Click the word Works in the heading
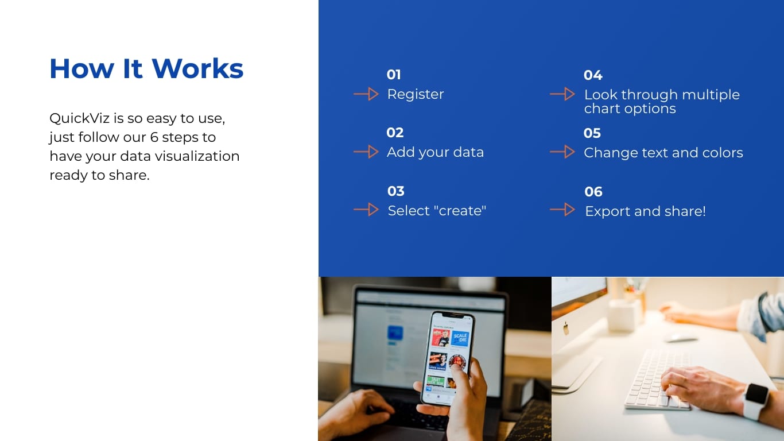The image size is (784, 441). [x=197, y=68]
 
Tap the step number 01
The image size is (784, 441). [x=394, y=75]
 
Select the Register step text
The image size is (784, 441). [x=416, y=94]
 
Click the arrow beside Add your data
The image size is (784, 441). [x=366, y=152]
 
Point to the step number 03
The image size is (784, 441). [x=396, y=191]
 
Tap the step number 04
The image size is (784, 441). [x=593, y=75]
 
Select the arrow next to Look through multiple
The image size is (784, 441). [x=562, y=94]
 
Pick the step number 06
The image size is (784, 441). [x=593, y=192]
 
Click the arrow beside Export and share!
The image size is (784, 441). [x=562, y=210]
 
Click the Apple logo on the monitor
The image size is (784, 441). [x=566, y=328]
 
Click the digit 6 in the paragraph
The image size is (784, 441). [x=154, y=137]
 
